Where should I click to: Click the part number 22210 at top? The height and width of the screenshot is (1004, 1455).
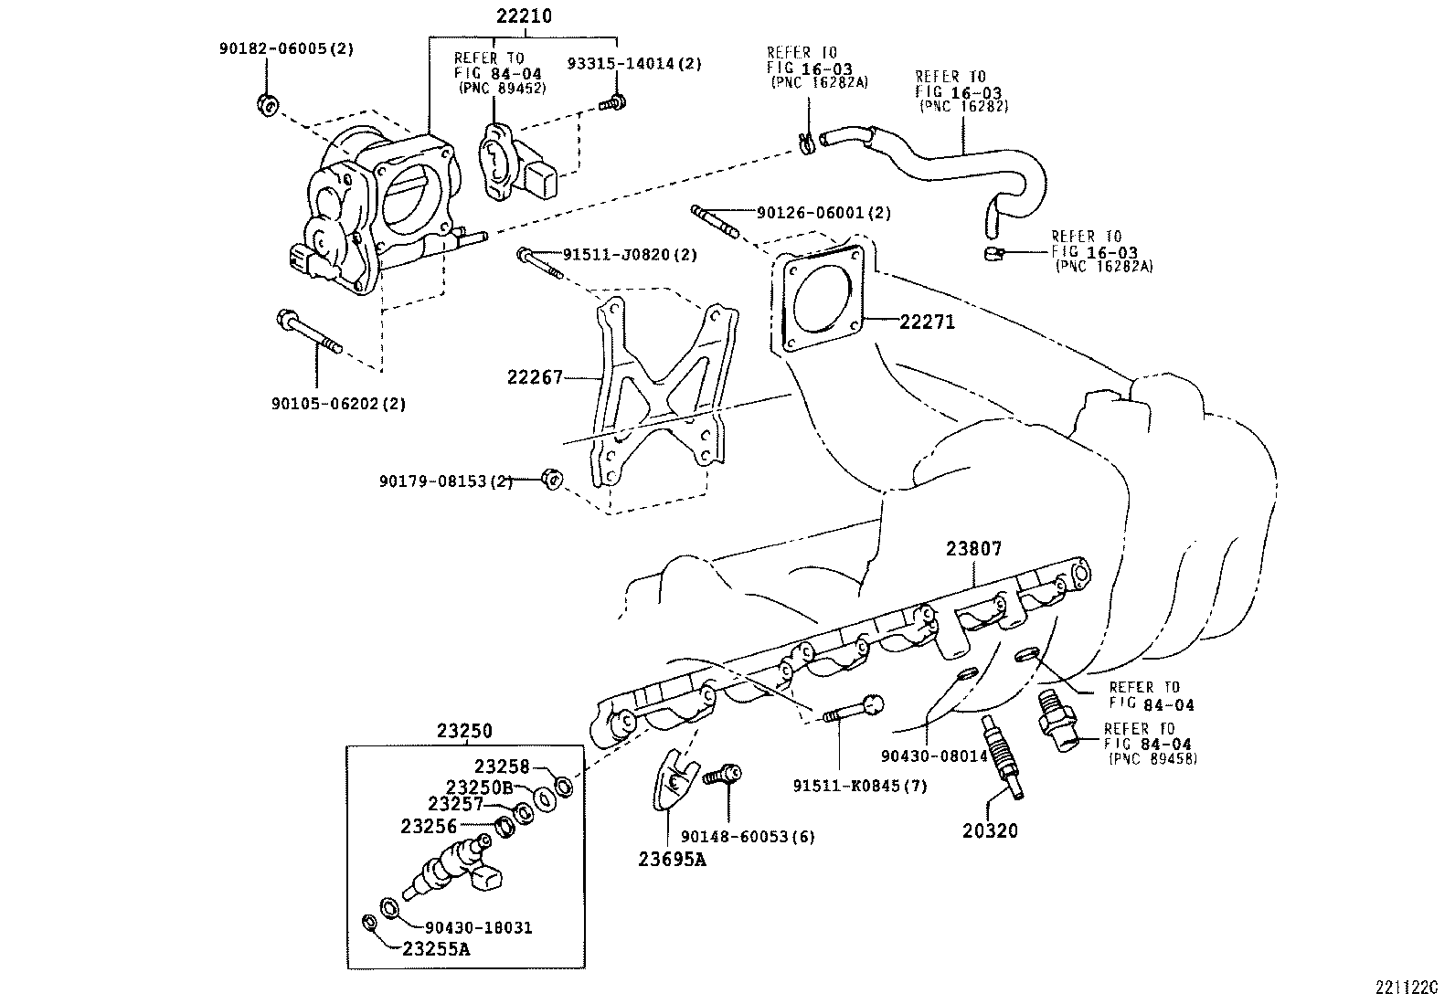click(x=524, y=16)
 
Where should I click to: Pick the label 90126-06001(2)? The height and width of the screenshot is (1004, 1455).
click(x=823, y=213)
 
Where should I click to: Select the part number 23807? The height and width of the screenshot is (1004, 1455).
click(x=973, y=549)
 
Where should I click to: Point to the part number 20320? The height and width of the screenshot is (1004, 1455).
click(x=989, y=830)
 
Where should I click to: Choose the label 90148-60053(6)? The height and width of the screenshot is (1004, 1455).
click(x=748, y=836)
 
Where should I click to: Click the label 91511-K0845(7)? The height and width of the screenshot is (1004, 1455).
click(x=859, y=786)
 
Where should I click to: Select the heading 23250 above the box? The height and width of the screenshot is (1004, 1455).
click(x=463, y=731)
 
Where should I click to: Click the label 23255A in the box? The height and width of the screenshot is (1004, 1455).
click(x=436, y=948)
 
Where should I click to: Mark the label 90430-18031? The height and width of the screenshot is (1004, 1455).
click(x=479, y=927)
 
